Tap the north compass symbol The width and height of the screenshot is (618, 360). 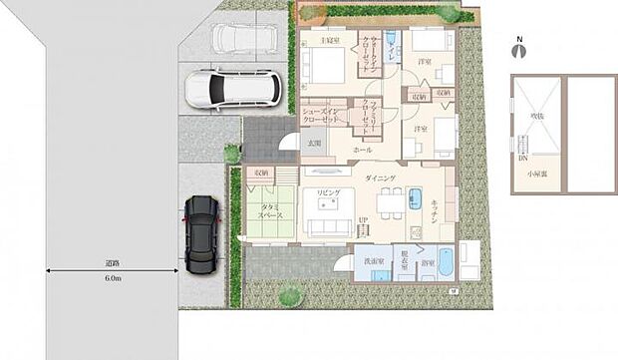pos(518,48)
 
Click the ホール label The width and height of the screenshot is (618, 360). pos(362,149)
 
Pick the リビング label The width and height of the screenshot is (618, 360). pos(329,192)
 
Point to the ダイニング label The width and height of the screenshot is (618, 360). pos(380,177)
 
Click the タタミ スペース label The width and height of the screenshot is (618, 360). pos(271,211)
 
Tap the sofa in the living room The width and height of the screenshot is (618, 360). pos(329,227)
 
